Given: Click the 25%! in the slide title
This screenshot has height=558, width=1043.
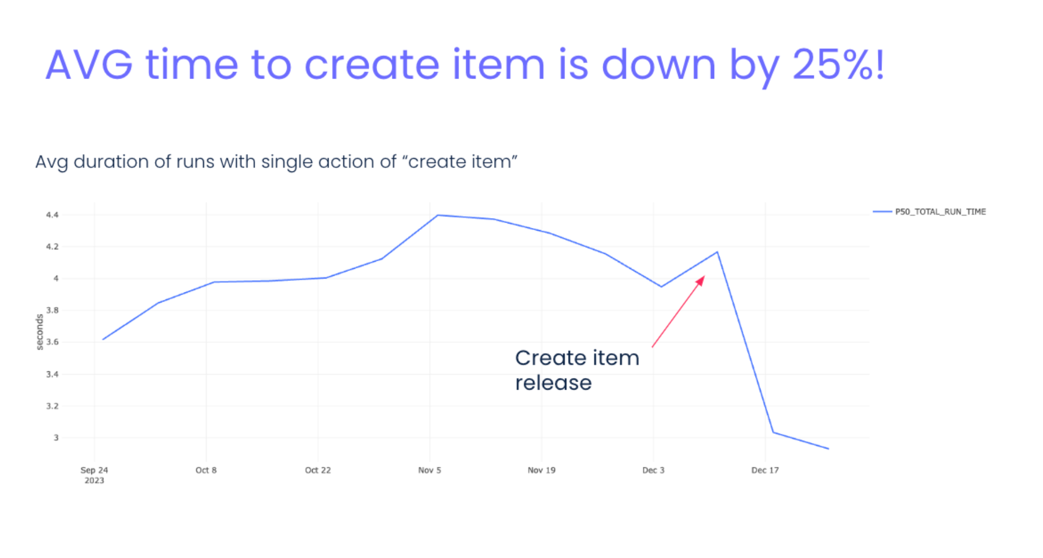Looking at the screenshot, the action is pos(838,65).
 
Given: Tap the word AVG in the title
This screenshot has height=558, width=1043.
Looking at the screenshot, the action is pos(89,65).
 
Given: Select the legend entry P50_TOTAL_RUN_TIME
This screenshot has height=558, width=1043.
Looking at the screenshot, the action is pos(940,212).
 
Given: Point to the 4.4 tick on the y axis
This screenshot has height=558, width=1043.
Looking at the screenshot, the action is pos(52,215).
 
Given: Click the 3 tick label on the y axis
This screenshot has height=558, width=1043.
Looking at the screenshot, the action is pos(56,438).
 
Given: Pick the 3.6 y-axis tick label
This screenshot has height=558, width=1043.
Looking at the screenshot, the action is pos(52,342).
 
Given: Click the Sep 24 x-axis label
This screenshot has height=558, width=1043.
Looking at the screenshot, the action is pos(94,470).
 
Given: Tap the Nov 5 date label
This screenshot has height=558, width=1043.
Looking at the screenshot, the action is pos(429,470).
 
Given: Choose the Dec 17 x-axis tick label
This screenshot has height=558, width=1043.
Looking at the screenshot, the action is pos(765,470).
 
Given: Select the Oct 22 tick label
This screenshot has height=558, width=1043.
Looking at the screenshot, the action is pos(318,470).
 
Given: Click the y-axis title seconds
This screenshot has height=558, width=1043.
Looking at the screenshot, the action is pos(39,332).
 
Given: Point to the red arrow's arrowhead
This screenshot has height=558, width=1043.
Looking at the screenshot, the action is pos(700,281).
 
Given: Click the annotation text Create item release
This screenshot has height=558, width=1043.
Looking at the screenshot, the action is pos(577,370).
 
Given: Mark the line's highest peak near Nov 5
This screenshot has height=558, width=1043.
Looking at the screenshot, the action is pos(438,215).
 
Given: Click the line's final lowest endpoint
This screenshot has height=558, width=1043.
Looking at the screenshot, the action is pos(829,449).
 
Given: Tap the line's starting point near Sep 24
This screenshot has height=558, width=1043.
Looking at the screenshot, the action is pos(103,339).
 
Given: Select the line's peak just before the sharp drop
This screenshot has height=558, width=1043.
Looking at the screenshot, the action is pos(717,252).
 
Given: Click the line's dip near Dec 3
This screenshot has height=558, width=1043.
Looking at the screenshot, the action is pos(661,287).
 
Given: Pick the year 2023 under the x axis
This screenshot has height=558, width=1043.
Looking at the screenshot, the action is pos(94,481).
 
